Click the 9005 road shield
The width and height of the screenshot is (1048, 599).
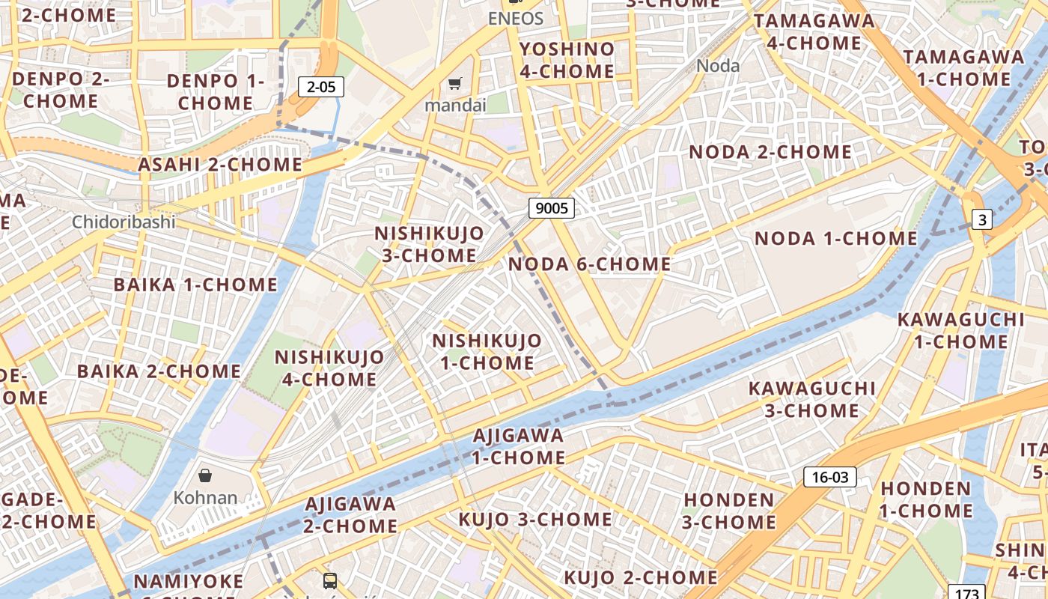point(552,207)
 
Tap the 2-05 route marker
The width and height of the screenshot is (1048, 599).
point(321,87)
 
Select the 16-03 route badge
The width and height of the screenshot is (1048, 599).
point(829,477)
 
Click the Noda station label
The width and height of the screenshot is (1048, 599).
point(718,66)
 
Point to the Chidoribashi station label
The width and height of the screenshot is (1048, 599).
point(124,222)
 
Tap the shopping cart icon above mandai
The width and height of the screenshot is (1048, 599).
point(455,83)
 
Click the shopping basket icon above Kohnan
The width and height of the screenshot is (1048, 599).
point(205,475)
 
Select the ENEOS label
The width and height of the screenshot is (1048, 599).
point(515,19)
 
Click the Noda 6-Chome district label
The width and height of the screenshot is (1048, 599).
point(590,264)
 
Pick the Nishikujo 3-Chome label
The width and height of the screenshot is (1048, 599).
point(429,244)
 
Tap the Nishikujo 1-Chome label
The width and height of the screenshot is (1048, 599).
point(487,352)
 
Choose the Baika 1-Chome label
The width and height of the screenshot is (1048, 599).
point(195,285)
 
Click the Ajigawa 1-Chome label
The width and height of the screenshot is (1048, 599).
point(518,446)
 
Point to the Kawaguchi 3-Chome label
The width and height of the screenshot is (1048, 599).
point(812,399)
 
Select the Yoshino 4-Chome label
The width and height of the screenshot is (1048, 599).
point(567,60)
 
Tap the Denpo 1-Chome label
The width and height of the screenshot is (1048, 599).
point(216,91)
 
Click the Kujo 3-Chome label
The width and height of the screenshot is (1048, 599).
point(535,520)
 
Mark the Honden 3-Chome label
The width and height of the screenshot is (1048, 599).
point(729,511)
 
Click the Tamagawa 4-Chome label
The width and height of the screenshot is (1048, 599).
point(814,31)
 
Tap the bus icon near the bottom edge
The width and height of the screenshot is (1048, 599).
point(329,580)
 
